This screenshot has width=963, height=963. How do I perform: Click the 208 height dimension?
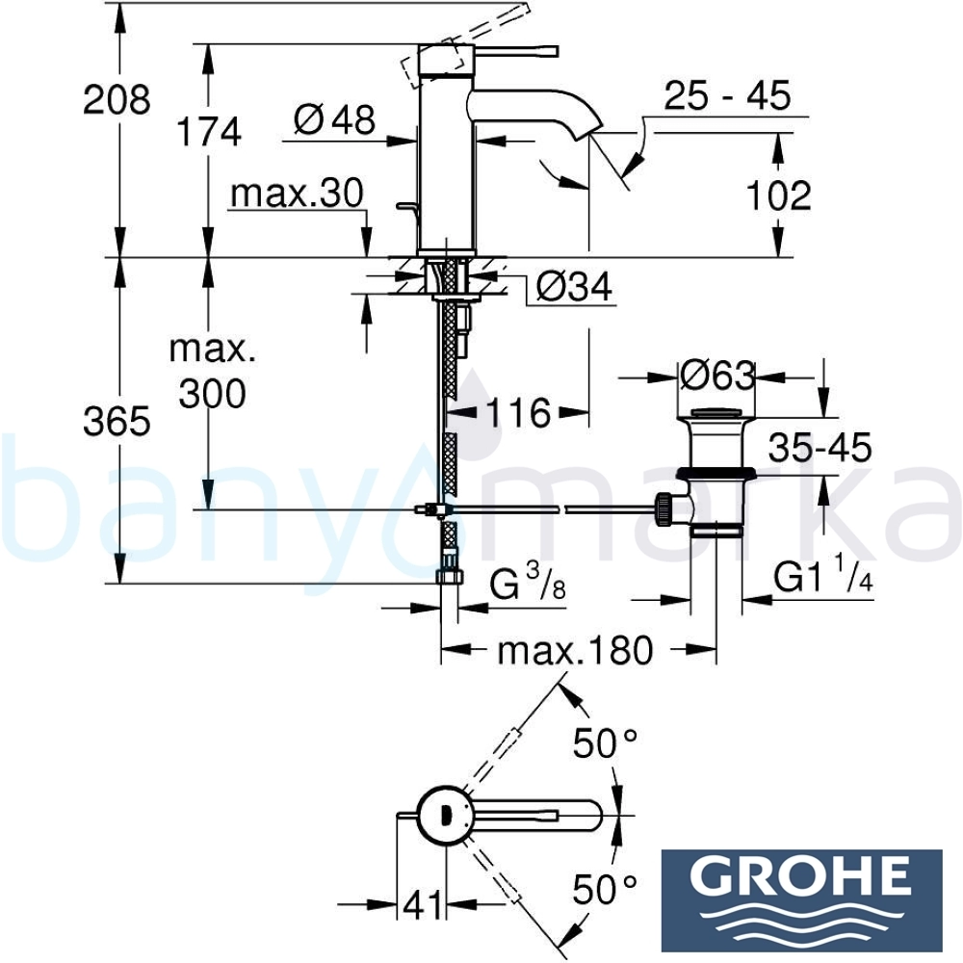(117, 99)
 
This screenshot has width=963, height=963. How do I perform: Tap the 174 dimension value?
(209, 131)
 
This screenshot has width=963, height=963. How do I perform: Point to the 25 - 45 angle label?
(728, 95)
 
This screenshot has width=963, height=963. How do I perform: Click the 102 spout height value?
(779, 195)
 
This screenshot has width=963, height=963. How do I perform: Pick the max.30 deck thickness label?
(298, 194)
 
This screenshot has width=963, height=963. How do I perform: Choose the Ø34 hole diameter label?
(574, 286)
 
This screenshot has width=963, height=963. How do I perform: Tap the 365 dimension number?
(117, 422)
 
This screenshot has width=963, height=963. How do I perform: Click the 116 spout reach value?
(518, 412)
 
